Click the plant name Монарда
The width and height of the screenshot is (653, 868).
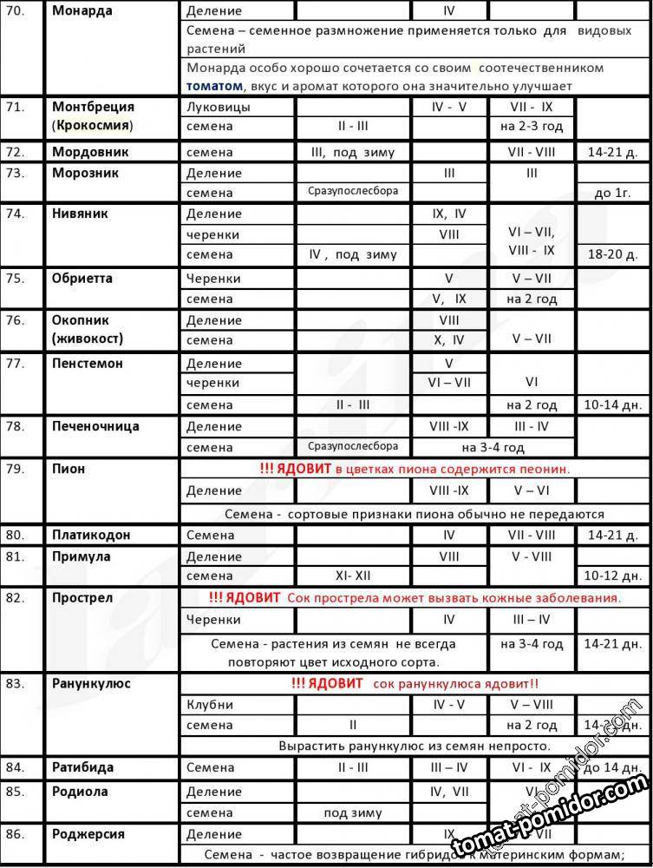coord(82,11)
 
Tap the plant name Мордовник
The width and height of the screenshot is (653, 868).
coord(90,152)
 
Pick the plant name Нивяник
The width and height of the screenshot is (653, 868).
coord(80,214)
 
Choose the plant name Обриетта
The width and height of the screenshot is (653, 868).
coord(82,279)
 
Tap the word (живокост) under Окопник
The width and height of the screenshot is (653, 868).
coord(87,339)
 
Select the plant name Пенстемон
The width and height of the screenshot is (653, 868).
coord(88,363)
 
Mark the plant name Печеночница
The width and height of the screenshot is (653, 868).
coord(95,426)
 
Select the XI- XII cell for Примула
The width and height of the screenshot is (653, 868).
coord(353,575)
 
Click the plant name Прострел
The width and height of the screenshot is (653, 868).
coord(82,598)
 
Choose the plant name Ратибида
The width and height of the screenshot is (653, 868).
coord(82,767)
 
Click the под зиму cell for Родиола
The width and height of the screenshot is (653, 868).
coord(353,812)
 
